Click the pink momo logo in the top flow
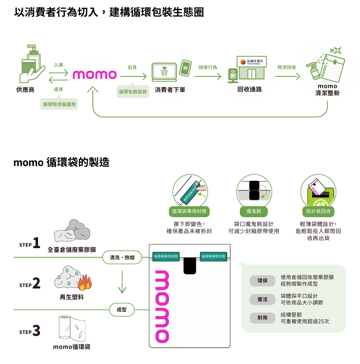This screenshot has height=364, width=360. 94,75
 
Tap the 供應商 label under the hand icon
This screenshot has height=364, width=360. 25,90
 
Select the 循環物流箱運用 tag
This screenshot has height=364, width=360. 59,104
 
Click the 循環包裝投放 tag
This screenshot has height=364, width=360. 133,91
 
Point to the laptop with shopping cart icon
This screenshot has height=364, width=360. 164,72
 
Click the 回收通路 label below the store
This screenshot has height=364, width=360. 250,90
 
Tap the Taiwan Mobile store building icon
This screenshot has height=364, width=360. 253,68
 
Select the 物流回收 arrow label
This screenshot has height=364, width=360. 286,68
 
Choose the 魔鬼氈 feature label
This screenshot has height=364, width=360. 254,211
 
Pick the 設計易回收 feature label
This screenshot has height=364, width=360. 318,211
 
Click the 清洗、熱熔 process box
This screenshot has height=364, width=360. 122,258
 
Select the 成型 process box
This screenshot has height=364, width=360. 122,310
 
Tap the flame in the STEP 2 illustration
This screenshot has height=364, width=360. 85,283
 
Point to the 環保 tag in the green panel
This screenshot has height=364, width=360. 262,281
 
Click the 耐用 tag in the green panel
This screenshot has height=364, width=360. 262,318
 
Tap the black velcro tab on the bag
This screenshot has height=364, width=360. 190,265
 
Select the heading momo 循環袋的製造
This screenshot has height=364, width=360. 61,163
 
